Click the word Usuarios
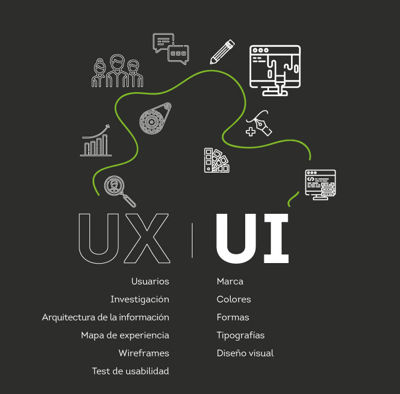[x=150, y=282]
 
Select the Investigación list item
[x=140, y=300]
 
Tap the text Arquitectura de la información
[x=106, y=318]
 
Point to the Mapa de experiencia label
[x=125, y=335]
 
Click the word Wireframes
[x=144, y=353]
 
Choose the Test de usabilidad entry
[x=130, y=371]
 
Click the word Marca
[x=230, y=282]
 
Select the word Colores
[x=234, y=300]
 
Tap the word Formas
[x=233, y=318]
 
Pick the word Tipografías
[x=241, y=335]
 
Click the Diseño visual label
[x=245, y=353]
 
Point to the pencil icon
[x=222, y=52]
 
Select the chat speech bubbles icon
[x=170, y=49]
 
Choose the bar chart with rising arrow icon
[x=96, y=140]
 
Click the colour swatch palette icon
[x=216, y=160]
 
